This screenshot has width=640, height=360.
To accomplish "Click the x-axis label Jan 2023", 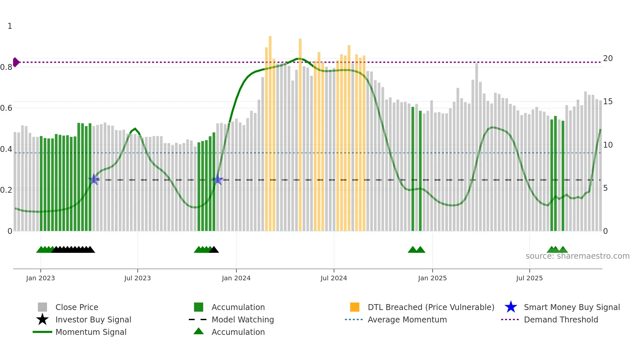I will pos(40,278).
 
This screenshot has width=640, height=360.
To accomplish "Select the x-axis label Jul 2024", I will pos(333,278).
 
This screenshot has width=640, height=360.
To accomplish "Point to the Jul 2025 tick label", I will pos(529,278).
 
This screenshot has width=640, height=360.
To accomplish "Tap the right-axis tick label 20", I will pos(608,58).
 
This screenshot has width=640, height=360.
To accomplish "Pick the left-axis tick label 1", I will pos(10,26).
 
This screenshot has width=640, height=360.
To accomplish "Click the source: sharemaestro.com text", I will pos(577,256).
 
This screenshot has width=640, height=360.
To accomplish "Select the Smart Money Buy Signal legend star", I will pos(511,307).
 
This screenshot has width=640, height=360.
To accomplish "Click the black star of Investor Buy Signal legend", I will pos(42,319).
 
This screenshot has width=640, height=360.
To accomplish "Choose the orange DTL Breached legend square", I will pos(355,307).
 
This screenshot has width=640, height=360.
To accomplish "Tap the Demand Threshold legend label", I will pos(561,319).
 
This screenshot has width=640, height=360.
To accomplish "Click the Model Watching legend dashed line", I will pos(198,319).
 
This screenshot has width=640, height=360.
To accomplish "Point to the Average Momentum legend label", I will pos(407,319).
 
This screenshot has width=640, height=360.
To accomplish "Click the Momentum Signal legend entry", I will pos(91,332).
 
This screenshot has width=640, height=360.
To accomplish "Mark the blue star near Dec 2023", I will pos(218,180).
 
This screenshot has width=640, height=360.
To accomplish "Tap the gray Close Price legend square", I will pos(42,307).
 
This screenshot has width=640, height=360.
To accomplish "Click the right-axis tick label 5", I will pos(605,188).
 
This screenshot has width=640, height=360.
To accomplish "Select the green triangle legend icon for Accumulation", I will pos(199,331).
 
